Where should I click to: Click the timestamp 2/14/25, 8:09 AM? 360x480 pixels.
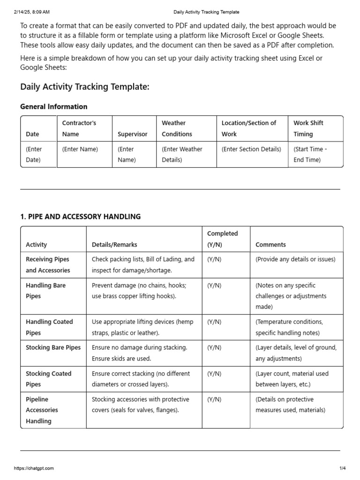pyautogui.click(x=32, y=12)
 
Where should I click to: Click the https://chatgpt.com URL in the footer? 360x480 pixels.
pyautogui.click(x=34, y=468)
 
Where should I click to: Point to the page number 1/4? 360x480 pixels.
pyautogui.click(x=342, y=468)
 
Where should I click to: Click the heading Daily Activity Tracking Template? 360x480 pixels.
pyautogui.click(x=85, y=87)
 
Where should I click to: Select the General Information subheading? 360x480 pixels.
pyautogui.click(x=53, y=106)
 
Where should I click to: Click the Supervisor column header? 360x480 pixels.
pyautogui.click(x=132, y=134)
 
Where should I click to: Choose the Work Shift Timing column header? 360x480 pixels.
pyautogui.click(x=308, y=128)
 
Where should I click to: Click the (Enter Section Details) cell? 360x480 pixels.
pyautogui.click(x=251, y=149)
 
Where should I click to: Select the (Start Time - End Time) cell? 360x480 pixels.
pyautogui.click(x=310, y=154)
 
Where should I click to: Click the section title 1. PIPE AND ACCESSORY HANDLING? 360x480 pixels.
pyautogui.click(x=80, y=217)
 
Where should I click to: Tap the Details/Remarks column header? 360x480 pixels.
pyautogui.click(x=114, y=245)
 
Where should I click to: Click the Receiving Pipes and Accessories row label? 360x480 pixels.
pyautogui.click(x=48, y=265)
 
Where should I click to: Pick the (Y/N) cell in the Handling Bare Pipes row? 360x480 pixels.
pyautogui.click(x=214, y=285)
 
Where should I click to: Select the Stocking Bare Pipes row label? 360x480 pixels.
pyautogui.click(x=53, y=348)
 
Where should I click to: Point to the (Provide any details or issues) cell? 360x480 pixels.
pyautogui.click(x=295, y=259)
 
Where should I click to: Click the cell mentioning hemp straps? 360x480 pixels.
pyautogui.click(x=142, y=327)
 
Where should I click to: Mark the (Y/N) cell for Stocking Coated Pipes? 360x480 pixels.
pyautogui.click(x=214, y=374)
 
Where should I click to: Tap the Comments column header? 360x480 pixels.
pyautogui.click(x=270, y=245)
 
